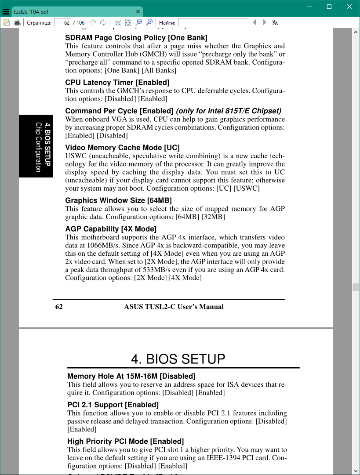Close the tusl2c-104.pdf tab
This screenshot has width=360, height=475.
pos(138,11)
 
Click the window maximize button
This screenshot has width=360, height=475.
pos(329,7)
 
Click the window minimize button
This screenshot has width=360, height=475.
pos(309,7)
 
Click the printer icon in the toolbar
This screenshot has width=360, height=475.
pos(17,22)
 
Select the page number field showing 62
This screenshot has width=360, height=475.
pos(63,22)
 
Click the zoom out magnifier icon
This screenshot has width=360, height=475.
pos(139,22)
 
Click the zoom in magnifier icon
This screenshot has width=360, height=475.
pos(149,22)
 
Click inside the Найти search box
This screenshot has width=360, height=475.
pos(213,22)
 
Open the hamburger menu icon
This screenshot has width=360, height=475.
pos(6,12)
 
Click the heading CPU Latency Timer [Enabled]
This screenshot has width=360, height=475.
pos(117,83)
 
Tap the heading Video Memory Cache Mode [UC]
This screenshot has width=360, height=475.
pos(122,148)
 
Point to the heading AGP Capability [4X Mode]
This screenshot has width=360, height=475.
pos(111,229)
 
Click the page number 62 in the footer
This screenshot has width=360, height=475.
pos(59,307)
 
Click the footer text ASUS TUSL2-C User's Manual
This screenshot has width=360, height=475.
pos(174,307)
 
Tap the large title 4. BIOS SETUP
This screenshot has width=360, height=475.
pos(178,359)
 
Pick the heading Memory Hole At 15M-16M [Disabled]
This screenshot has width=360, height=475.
pos(131,376)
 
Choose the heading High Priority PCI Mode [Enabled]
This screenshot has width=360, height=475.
pos(125,441)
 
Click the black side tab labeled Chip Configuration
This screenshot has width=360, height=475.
pos(36,146)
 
